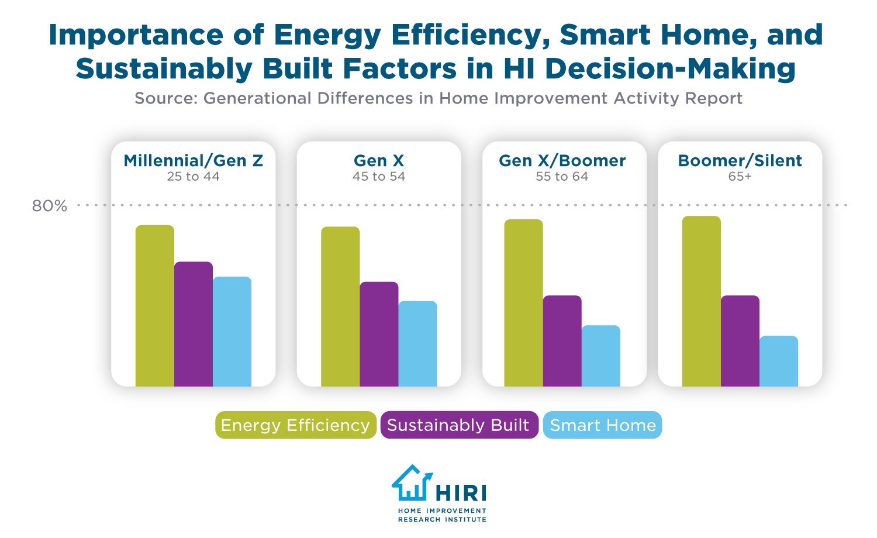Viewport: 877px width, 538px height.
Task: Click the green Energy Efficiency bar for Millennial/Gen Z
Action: (155, 305)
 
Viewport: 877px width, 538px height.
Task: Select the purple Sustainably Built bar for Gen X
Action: (379, 334)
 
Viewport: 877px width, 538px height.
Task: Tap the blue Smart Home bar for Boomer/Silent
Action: (778, 361)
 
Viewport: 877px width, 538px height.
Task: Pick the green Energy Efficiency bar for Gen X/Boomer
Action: (523, 302)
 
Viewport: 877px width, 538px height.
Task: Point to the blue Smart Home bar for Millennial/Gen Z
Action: (232, 331)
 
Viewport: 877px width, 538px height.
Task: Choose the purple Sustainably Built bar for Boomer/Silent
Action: (740, 341)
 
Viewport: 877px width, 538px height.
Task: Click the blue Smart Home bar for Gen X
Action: (417, 343)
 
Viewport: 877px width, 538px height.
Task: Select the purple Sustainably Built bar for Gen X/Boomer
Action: (562, 341)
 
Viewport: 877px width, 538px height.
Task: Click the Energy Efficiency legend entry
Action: (295, 425)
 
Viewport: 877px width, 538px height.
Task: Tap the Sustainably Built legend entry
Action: (458, 425)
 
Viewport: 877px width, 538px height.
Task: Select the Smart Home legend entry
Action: (602, 425)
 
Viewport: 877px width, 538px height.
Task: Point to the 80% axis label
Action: (50, 206)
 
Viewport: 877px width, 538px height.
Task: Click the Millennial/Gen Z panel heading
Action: (193, 161)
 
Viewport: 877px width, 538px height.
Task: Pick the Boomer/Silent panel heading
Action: (740, 161)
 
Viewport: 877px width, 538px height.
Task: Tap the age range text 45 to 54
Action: (379, 177)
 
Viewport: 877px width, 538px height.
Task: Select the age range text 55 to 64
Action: (562, 177)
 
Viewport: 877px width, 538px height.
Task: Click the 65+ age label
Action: (740, 177)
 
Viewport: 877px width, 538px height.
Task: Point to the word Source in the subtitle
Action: (164, 98)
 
